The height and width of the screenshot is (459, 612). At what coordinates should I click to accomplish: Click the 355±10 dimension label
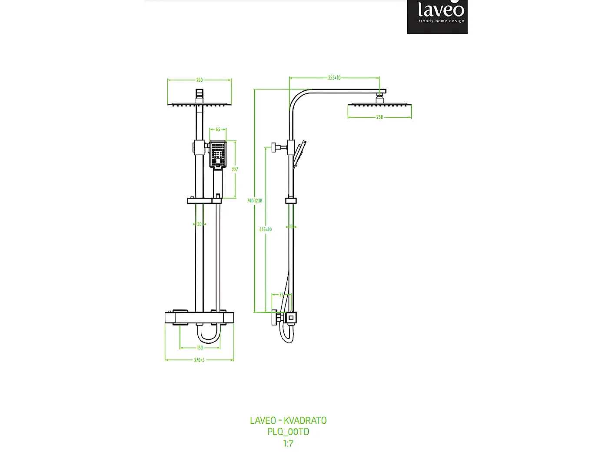pyautogui.click(x=334, y=78)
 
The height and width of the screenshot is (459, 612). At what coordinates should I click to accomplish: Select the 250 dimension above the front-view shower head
pyautogui.click(x=199, y=80)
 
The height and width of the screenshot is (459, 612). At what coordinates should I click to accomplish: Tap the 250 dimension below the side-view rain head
pyautogui.click(x=379, y=117)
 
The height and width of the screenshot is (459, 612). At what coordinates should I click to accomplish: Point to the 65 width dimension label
pyautogui.click(x=218, y=130)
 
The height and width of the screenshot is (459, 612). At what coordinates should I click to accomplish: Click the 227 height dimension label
pyautogui.click(x=235, y=170)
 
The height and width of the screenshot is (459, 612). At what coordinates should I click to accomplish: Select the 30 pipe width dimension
pyautogui.click(x=199, y=224)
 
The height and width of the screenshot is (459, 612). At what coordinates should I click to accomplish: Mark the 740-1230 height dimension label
pyautogui.click(x=254, y=201)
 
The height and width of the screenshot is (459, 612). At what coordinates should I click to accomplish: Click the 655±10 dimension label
pyautogui.click(x=266, y=229)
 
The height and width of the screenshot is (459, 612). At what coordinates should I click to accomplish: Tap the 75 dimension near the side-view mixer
pyautogui.click(x=282, y=295)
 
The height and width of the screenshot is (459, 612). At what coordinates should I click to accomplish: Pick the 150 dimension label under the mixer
pyautogui.click(x=200, y=348)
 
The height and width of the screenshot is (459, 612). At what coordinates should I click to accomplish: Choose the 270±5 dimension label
pyautogui.click(x=199, y=360)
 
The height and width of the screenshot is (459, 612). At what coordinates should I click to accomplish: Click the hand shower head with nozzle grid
pyautogui.click(x=218, y=154)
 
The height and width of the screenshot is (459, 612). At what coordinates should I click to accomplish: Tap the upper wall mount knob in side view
pyautogui.click(x=275, y=147)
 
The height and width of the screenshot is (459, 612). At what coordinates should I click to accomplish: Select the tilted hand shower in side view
pyautogui.click(x=299, y=153)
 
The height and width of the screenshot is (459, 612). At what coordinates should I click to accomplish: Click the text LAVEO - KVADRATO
pyautogui.click(x=288, y=421)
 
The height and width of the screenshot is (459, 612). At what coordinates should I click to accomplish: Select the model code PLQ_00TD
pyautogui.click(x=288, y=432)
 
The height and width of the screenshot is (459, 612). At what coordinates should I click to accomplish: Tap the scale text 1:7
pyautogui.click(x=288, y=444)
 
